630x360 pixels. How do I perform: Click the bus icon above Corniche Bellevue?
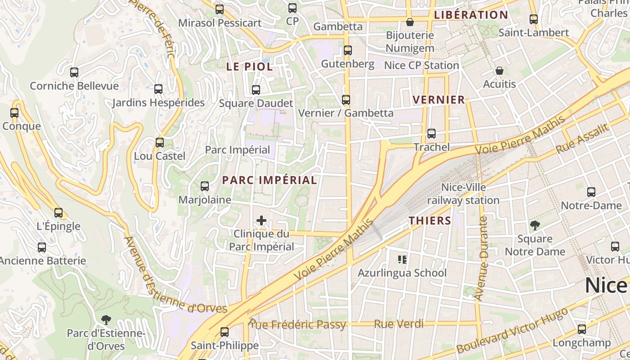pos(74,72)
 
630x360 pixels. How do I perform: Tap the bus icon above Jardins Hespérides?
pos(158,89)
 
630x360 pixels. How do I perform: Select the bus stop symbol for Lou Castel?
pos(160,143)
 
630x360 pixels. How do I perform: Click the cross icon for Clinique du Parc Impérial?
pos(261,220)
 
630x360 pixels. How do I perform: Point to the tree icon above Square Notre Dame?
pos(535,225)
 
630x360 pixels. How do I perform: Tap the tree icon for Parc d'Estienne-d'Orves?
pos(106,320)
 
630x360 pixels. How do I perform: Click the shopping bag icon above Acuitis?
pos(499,71)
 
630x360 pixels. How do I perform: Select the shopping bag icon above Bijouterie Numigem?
pos(409,22)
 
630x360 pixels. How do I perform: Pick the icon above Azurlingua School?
pos(402,259)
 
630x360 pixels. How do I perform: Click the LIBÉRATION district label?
pos(471,15)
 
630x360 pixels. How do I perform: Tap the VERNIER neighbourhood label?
pos(439,100)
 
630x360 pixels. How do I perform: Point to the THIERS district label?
pos(430,220)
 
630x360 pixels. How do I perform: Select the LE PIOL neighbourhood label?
pos(249,67)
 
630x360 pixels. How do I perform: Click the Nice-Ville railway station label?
pos(463,193)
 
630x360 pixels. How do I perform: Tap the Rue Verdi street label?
pos(399,324)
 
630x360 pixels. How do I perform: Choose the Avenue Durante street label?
pos(484,259)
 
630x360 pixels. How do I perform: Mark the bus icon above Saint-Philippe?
pos(224,332)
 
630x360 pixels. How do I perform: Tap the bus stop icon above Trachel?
pos(431,134)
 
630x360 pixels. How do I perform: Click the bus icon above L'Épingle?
pos(58,213)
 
